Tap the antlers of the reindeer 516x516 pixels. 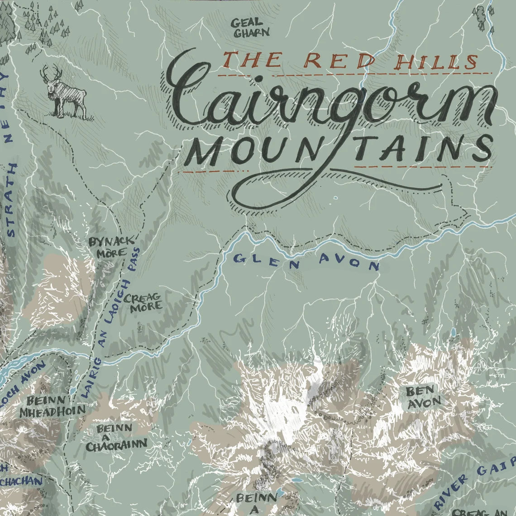[x=51, y=72]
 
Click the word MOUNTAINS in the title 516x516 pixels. [x=339, y=149]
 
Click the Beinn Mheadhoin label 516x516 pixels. [x=53, y=406]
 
